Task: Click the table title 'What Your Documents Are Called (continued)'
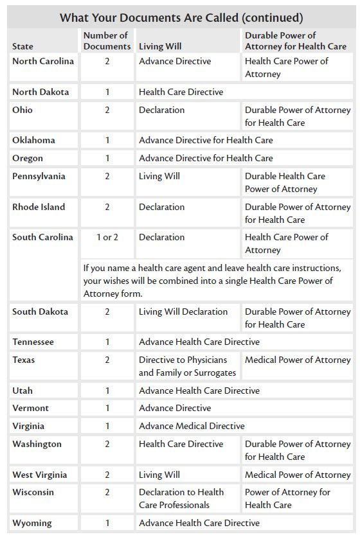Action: [181, 17]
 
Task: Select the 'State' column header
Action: [22, 47]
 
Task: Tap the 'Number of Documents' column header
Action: [105, 41]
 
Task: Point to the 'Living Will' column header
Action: [159, 47]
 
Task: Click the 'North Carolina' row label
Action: [43, 62]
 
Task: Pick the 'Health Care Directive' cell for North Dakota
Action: [181, 92]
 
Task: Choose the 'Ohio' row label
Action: [22, 110]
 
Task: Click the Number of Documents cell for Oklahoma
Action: [107, 140]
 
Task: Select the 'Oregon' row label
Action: [28, 158]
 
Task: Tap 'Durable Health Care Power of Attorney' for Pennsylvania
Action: [285, 182]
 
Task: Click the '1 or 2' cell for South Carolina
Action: [107, 237]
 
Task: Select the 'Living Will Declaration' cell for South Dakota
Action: [183, 312]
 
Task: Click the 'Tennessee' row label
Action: [33, 342]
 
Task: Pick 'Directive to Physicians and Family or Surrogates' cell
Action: [187, 366]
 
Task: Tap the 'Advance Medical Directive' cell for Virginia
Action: [192, 426]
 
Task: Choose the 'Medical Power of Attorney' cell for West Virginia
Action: [298, 475]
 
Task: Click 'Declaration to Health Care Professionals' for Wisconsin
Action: [181, 498]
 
